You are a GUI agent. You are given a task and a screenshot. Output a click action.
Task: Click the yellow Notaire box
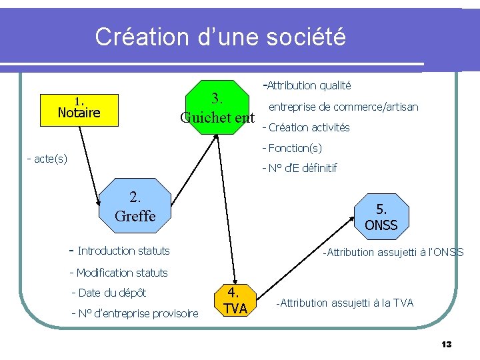click(79, 109)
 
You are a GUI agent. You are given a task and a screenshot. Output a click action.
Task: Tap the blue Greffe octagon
click(135, 206)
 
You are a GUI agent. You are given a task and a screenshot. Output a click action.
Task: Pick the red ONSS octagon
click(381, 217)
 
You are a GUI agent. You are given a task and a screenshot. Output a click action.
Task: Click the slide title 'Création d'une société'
click(220, 37)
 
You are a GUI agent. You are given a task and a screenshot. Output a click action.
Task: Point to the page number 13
click(446, 344)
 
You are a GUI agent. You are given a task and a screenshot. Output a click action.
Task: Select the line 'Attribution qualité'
click(309, 85)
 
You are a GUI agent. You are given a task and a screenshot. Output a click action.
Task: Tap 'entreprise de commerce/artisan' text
click(343, 107)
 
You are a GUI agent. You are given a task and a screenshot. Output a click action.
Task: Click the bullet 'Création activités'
click(309, 127)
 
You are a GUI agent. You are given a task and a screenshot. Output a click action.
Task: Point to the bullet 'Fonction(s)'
click(295, 147)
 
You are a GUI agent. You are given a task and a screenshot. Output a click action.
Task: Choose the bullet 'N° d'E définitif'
click(302, 168)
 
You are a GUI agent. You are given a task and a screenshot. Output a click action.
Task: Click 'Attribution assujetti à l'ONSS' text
click(393, 252)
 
